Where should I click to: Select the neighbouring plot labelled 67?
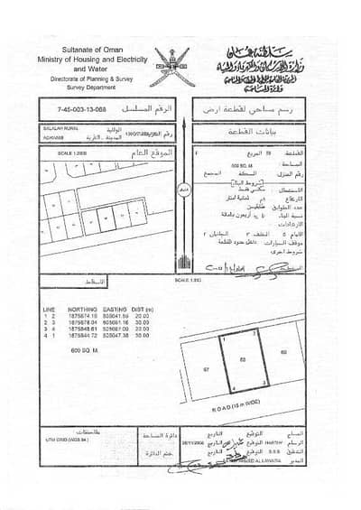pyautogui.click(x=207, y=369)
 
